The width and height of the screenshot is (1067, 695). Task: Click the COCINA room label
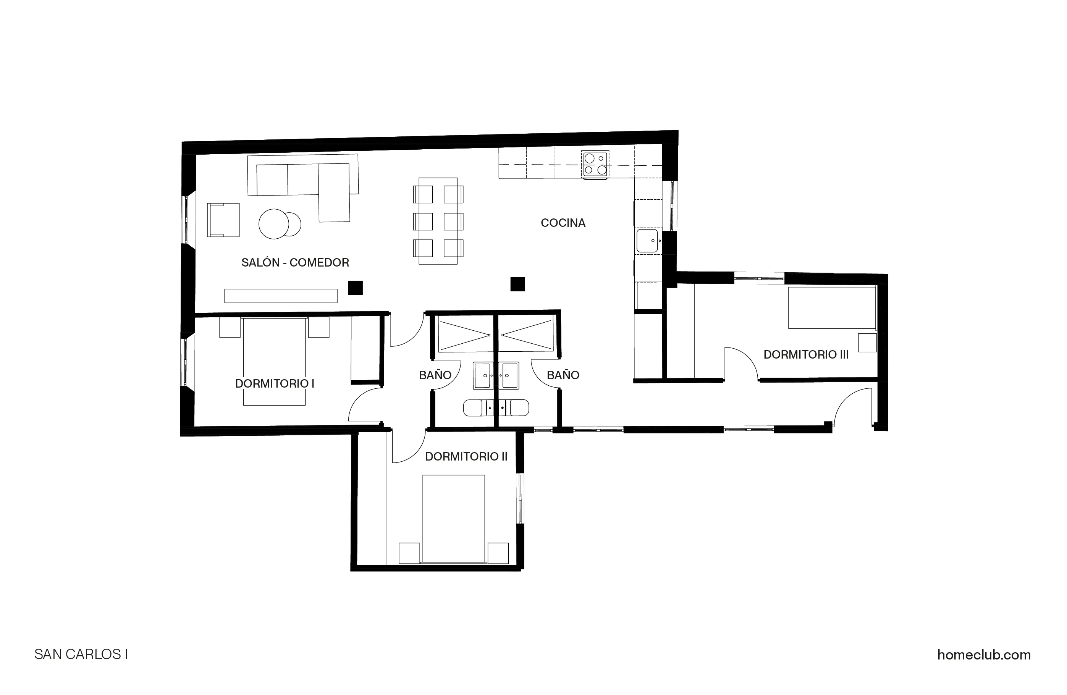[563, 223]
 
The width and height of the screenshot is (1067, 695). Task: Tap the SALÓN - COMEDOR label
[295, 262]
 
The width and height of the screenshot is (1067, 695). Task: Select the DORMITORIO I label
[274, 383]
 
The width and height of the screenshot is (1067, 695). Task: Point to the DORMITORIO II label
[466, 456]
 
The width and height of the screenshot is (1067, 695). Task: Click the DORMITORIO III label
[806, 355]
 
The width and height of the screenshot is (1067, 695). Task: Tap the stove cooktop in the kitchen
[595, 165]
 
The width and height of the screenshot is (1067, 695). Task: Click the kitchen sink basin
[647, 241]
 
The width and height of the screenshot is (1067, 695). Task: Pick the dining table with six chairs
[438, 221]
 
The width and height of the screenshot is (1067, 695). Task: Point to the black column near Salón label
[356, 288]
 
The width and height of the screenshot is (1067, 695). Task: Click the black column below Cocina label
[517, 284]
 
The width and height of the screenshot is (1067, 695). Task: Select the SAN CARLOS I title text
[81, 655]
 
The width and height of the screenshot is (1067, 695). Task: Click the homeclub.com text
[984, 655]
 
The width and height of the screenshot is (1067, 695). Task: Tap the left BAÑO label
[435, 375]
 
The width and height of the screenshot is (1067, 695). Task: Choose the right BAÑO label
[563, 375]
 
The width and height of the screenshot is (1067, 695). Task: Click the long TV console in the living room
[281, 296]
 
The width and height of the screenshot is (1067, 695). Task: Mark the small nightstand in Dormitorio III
[867, 343]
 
